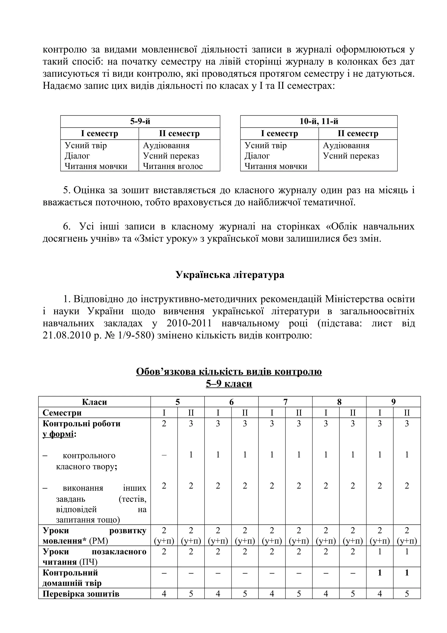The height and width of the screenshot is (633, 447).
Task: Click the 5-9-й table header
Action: tap(140, 121)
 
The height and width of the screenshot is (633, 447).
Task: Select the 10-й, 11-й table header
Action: tap(319, 121)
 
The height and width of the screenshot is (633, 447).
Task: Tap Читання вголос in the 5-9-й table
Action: tap(173, 166)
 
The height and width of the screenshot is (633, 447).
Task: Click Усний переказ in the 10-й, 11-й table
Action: tap(351, 156)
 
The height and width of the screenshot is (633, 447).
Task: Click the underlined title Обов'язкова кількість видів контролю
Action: tap(229, 372)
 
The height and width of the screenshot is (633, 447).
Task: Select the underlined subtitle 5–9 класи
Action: tap(229, 384)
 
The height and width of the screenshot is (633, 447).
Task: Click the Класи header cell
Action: tap(94, 402)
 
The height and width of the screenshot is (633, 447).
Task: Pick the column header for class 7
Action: tap(285, 402)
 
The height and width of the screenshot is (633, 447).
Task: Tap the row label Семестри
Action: tap(62, 413)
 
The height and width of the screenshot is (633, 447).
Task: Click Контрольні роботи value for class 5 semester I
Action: tap(164, 424)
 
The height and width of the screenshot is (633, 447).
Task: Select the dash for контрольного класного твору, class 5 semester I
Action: tap(164, 455)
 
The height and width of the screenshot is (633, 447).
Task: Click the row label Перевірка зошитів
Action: tap(81, 594)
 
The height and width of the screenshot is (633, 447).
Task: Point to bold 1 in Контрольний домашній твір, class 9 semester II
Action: tap(407, 573)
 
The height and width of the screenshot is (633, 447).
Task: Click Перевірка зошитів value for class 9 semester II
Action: tap(407, 594)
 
